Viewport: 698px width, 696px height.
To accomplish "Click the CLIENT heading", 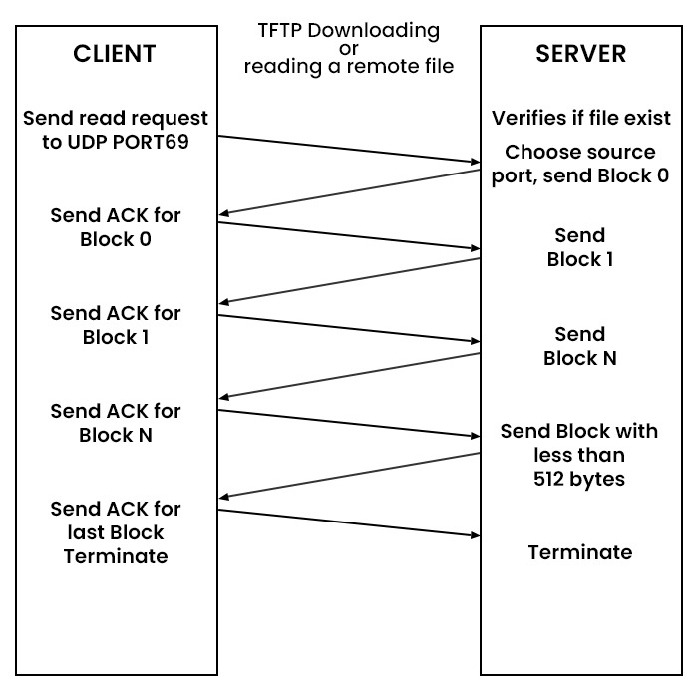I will point(116,55).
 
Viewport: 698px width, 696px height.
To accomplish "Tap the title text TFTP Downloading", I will point(348,30).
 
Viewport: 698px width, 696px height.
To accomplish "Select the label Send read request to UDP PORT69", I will point(116,130).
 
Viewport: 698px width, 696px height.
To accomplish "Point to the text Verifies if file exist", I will point(579,119).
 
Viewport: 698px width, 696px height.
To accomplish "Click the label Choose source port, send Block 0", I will point(579,164).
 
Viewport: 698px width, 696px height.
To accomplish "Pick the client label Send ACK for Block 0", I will point(116,227).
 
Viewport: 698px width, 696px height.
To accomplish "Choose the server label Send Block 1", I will point(579,247).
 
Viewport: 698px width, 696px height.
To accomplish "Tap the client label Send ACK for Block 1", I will point(116,325).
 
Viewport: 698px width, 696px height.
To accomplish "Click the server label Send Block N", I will point(579,346).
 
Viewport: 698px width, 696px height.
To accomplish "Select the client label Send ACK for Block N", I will point(116,423).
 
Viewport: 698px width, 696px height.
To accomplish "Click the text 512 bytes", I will point(579,479).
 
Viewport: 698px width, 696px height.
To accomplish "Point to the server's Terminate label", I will point(579,552).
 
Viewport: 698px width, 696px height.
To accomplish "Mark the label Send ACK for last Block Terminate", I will point(116,531).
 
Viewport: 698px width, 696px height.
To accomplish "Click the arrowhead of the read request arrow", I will point(475,161).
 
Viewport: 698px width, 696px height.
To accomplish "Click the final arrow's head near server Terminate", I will point(475,535).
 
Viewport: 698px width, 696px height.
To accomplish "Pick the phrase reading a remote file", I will point(348,67).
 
